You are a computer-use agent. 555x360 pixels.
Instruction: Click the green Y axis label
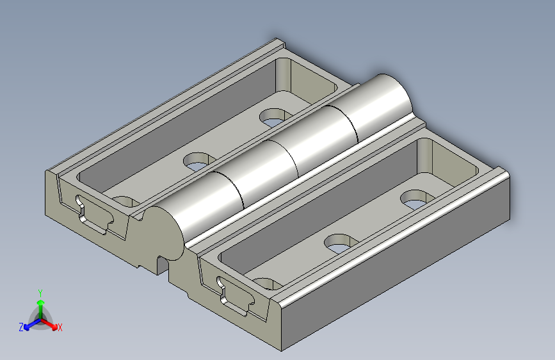40,293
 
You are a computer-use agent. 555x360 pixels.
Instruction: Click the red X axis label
60,328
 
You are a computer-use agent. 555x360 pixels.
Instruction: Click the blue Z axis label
21,327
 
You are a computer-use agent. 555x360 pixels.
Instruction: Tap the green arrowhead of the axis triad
41,303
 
